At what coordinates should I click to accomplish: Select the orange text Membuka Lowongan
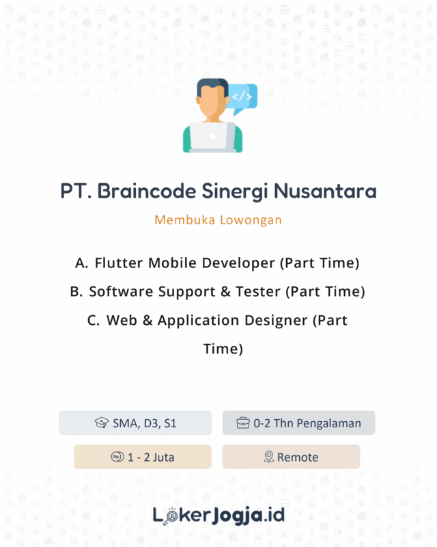(218, 220)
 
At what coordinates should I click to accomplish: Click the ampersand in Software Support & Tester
(225, 291)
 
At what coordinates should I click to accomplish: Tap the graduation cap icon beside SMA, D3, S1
(102, 423)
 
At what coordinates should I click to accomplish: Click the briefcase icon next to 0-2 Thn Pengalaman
(243, 423)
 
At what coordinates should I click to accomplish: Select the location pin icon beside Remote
(269, 457)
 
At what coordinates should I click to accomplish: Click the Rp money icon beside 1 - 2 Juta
(117, 457)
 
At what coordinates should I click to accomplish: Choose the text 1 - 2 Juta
(151, 457)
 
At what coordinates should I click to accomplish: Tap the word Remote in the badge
(298, 457)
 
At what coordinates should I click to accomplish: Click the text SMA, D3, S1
(145, 423)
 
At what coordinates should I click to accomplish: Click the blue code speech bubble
(242, 96)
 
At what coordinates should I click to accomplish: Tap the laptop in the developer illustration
(212, 137)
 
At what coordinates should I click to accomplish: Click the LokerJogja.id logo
(218, 513)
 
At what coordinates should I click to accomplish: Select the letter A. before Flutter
(82, 263)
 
